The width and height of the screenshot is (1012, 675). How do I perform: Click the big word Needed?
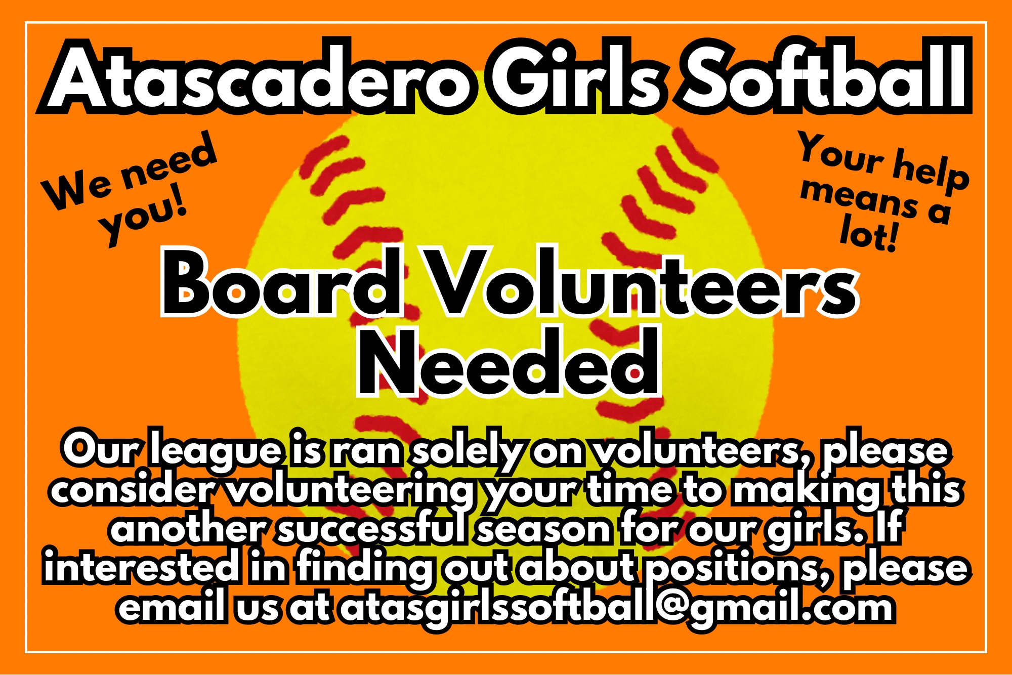point(509,361)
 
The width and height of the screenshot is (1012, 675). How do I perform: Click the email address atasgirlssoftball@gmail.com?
point(617,608)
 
